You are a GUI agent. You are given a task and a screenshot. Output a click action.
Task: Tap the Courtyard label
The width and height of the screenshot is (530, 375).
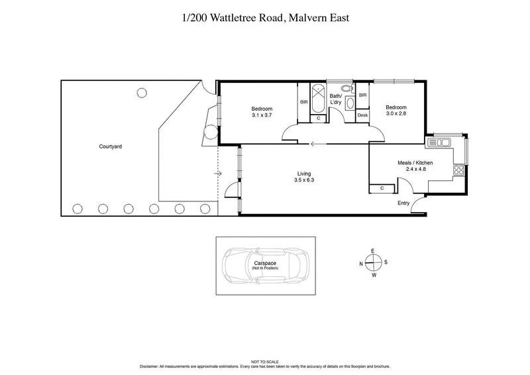[x=111, y=146]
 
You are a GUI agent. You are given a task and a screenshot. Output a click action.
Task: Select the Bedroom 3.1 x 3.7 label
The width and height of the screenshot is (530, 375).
[x=261, y=112]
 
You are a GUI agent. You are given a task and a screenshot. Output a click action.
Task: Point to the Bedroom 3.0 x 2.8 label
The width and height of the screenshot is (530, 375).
[x=396, y=111]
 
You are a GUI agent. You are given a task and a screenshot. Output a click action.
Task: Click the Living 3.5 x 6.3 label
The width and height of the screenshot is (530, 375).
[x=305, y=177]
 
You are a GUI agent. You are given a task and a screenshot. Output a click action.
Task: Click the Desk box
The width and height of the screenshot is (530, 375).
[x=362, y=115]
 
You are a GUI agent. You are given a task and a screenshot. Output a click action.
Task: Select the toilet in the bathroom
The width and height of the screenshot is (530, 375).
[x=347, y=89]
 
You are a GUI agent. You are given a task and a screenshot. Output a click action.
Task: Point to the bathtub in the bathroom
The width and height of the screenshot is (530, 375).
[x=318, y=98]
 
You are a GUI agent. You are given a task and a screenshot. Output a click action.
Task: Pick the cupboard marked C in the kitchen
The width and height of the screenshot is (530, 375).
[x=383, y=189]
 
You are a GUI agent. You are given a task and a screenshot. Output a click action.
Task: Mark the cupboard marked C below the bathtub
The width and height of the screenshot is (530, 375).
[x=319, y=119]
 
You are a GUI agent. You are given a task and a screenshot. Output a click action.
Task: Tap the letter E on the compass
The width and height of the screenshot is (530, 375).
[x=373, y=250]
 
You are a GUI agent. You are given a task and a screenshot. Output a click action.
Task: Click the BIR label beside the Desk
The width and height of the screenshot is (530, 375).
[x=362, y=95]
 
